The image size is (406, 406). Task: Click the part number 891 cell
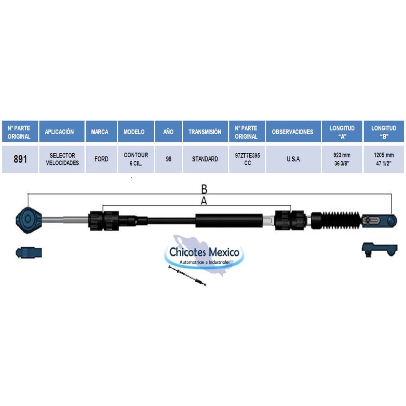(20, 159)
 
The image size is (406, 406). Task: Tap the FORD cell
(101, 159)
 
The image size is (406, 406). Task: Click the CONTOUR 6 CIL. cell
(136, 159)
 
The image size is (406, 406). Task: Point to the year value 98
(168, 159)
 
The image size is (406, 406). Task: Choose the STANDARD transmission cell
(205, 159)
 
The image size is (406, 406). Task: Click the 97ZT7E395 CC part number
(247, 159)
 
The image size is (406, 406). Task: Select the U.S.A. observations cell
(293, 159)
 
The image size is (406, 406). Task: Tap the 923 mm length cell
(342, 159)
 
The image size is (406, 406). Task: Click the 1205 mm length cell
(384, 159)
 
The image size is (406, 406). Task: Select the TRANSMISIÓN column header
(205, 132)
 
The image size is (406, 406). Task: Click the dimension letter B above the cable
(204, 189)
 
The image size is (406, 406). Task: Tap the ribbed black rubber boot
(337, 220)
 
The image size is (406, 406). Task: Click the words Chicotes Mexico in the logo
(204, 252)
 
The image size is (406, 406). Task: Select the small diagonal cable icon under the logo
(187, 276)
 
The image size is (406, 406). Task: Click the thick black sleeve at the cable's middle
(229, 220)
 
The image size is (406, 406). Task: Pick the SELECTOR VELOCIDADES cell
(62, 159)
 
